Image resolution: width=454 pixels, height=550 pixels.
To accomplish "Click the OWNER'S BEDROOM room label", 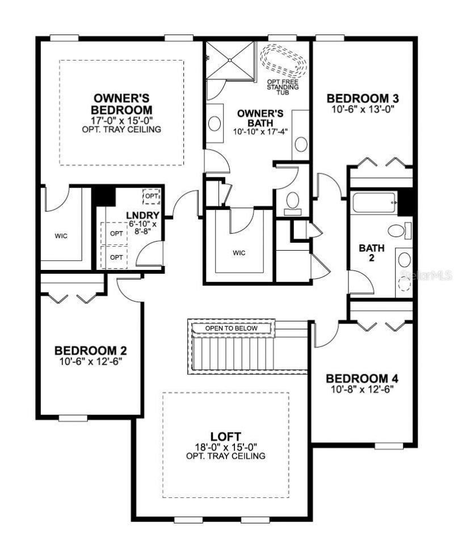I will tap(122, 103).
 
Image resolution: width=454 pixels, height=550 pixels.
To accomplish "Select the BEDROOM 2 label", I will tap(90, 350).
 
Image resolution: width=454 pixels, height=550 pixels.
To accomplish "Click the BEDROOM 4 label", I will tap(363, 379).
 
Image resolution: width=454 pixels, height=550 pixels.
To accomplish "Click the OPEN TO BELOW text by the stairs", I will tap(231, 328).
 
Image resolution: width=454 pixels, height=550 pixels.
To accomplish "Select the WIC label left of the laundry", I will tap(61, 236).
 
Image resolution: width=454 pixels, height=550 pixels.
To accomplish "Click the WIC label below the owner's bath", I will tap(239, 253).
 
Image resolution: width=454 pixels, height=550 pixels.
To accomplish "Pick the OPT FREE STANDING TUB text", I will tap(282, 87).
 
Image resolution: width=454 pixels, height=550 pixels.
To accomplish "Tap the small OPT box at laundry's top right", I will tap(151, 196).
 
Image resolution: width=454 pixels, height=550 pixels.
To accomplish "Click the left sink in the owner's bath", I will tap(215, 123).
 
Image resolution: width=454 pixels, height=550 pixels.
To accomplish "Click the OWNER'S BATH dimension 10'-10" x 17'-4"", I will tap(260, 131).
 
